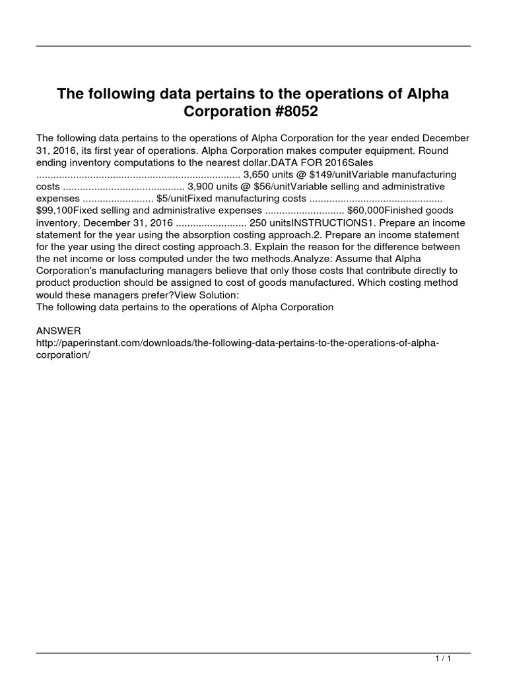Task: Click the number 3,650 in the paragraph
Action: [257, 174]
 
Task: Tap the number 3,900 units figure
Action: [202, 186]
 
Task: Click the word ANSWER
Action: [59, 330]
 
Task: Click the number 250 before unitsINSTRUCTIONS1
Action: [259, 222]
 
